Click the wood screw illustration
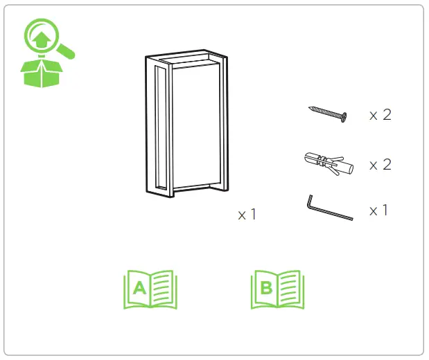328,114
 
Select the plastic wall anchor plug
328,164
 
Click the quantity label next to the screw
380,115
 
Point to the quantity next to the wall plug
380,165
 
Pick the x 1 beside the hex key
378,210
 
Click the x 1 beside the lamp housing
247,215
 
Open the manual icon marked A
150,289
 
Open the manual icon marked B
277,289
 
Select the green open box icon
40,73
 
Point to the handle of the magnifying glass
67,51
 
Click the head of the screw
343,118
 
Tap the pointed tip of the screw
310,109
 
